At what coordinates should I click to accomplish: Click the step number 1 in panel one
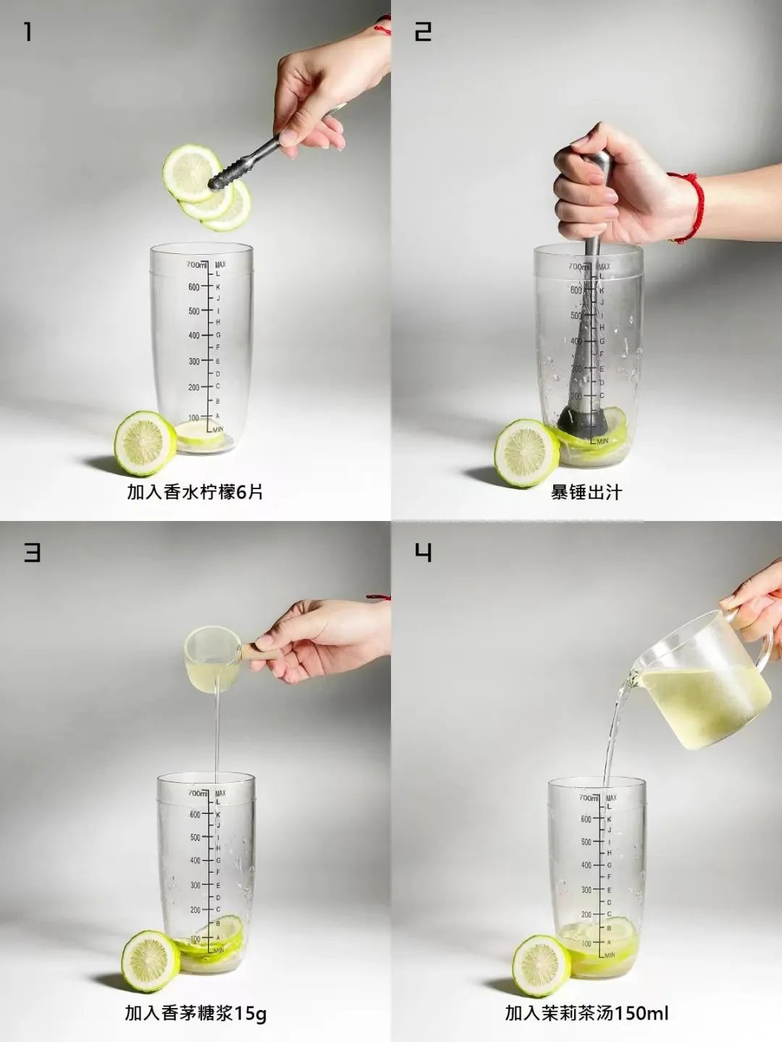tap(28, 32)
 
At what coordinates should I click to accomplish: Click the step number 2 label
tap(423, 32)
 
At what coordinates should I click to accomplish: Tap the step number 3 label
tap(33, 552)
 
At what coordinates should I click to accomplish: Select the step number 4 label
tap(424, 552)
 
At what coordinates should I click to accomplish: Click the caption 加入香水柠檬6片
tap(195, 492)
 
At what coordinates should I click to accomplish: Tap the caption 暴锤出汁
tap(586, 493)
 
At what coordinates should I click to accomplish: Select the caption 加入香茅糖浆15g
tap(195, 1013)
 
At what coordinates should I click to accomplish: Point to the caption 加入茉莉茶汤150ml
tap(586, 1013)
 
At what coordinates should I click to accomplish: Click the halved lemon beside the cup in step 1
tap(145, 443)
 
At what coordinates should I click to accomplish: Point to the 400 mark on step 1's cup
tap(194, 336)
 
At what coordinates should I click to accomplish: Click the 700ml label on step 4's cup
tap(589, 797)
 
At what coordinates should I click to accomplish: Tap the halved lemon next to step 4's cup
tap(541, 965)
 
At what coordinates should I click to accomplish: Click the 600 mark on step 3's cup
tap(195, 815)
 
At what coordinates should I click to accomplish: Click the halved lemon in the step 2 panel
tap(526, 453)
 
